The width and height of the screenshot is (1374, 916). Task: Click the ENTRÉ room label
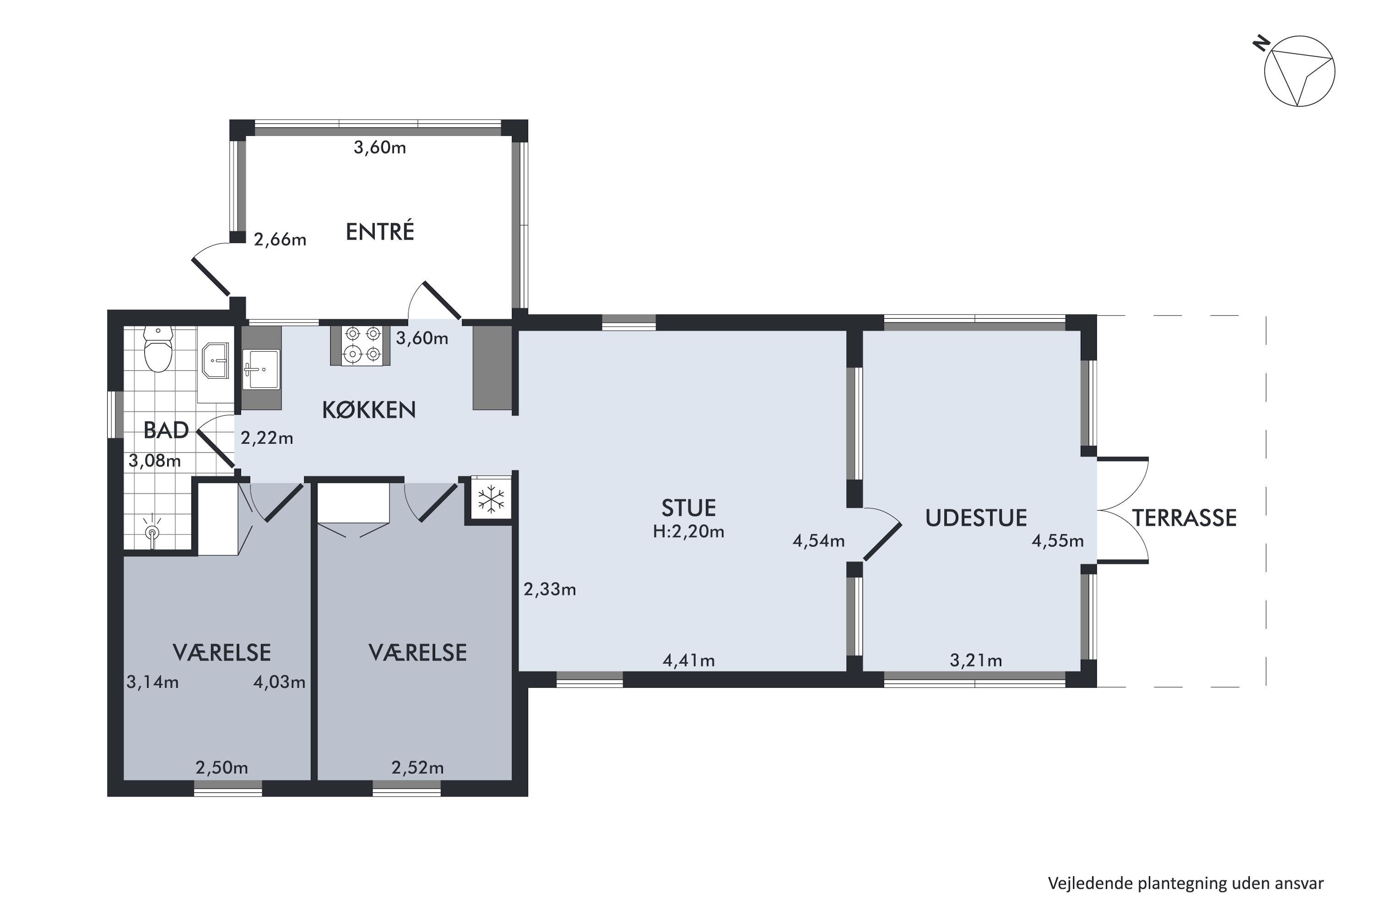[380, 231]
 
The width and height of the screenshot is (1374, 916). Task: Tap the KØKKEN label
[369, 410]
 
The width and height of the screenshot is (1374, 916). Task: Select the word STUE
[688, 508]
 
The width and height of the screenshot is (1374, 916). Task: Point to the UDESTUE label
[976, 518]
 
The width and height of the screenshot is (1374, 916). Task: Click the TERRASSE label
[1184, 518]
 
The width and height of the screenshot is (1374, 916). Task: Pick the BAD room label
[166, 431]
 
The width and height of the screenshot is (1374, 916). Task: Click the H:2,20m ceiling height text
[688, 532]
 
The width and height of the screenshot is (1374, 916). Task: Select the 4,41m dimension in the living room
[688, 661]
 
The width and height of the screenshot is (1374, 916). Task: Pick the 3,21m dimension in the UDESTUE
[976, 661]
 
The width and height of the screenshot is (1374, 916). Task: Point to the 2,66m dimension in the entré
[280, 240]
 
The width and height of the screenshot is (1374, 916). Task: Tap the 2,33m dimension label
[550, 589]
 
